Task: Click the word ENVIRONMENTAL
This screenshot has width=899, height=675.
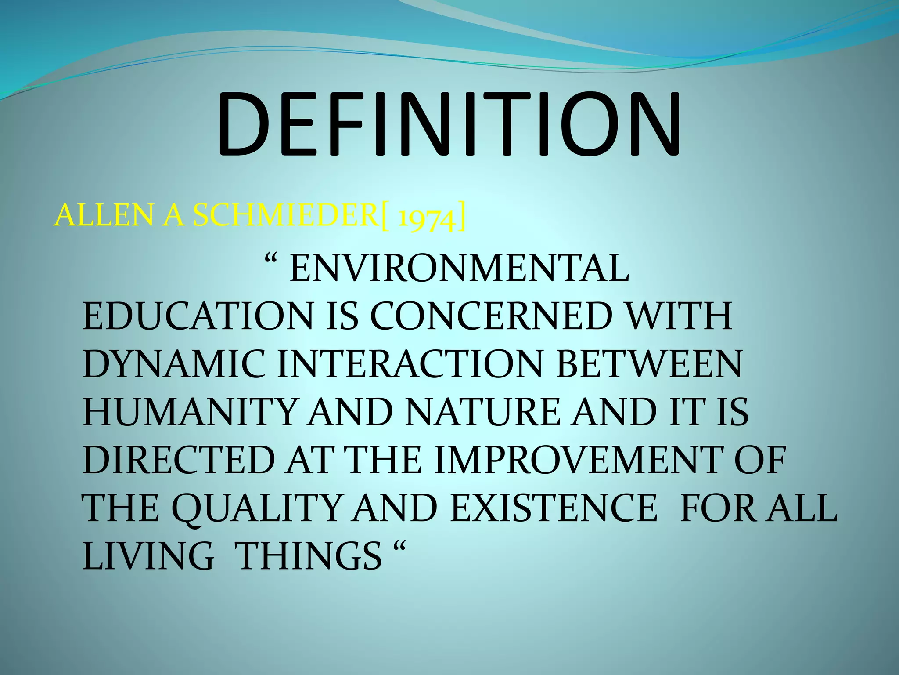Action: pos(459,269)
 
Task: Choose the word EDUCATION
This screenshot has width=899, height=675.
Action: pos(198,316)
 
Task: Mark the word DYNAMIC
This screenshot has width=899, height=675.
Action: pos(173,364)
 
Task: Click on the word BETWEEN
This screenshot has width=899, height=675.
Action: pos(649,364)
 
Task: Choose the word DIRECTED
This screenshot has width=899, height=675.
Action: pos(178,460)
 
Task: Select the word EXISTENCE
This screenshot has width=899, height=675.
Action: pos(554,508)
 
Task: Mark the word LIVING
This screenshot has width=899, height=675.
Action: pos(148,556)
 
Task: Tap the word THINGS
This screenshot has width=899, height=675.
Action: pos(309,556)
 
